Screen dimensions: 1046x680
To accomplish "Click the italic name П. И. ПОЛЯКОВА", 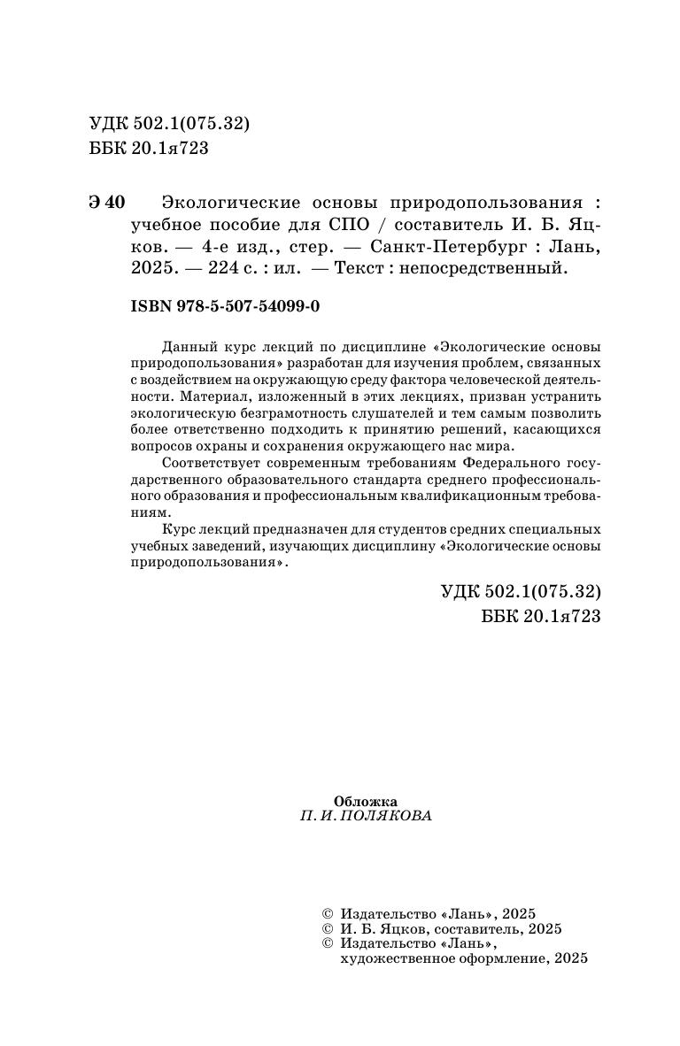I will tap(366, 816).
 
